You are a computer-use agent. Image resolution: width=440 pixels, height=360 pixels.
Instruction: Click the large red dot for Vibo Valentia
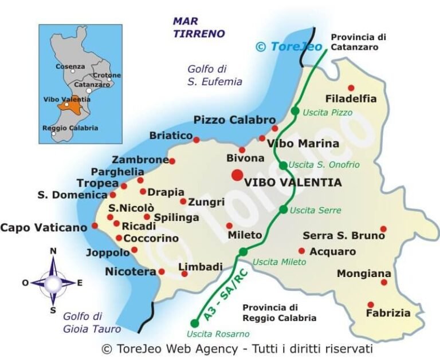[x=237, y=175]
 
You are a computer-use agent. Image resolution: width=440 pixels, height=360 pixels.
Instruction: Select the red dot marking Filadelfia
[x=351, y=88]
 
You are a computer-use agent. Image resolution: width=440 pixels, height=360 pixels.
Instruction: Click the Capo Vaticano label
[x=44, y=227]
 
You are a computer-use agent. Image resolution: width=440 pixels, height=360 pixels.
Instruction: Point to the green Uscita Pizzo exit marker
[x=295, y=111]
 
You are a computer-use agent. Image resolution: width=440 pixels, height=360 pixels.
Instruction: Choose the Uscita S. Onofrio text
[x=324, y=165]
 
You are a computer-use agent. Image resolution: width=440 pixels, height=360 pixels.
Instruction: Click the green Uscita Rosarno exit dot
[x=195, y=323]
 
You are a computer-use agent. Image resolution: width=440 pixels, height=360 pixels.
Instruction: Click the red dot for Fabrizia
[x=371, y=304]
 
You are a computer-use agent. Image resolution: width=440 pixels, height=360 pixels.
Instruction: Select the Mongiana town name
[x=364, y=274]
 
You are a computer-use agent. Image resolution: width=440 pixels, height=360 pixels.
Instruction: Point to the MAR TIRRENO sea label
[x=199, y=27]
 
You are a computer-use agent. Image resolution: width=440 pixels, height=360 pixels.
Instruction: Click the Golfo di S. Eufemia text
[x=214, y=75]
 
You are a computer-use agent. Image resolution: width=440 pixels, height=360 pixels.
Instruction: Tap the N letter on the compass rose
[x=53, y=251]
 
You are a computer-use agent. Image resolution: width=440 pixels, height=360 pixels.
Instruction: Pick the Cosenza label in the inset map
[x=70, y=66]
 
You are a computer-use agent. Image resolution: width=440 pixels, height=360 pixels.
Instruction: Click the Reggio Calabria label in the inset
[x=70, y=128]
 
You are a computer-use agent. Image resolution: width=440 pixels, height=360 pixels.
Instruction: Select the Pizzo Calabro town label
[x=234, y=120]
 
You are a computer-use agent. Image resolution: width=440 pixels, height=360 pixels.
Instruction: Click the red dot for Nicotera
[x=162, y=272]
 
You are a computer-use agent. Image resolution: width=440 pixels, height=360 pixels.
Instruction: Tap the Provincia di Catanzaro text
[x=359, y=42]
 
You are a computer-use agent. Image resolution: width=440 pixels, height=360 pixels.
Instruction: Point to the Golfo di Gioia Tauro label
[x=92, y=322]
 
